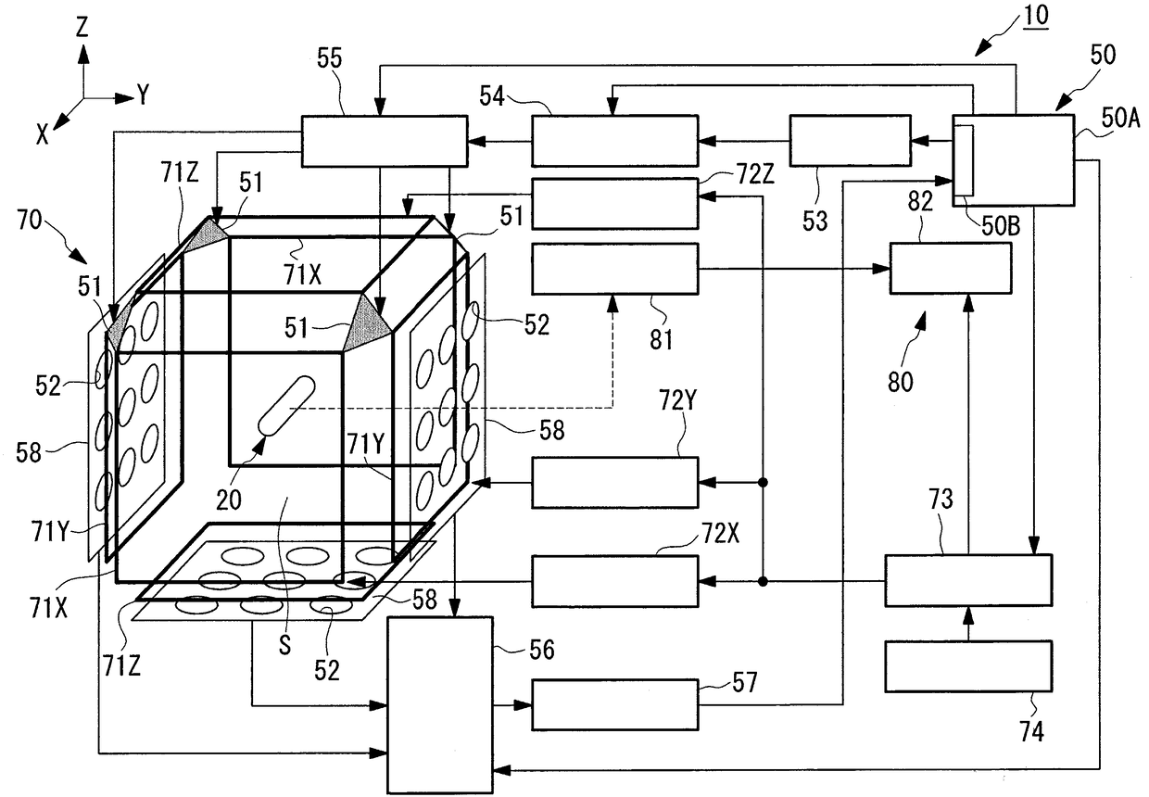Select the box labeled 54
click(614, 141)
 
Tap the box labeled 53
click(849, 141)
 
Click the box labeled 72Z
click(614, 203)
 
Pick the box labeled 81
click(614, 269)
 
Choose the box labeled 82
click(950, 269)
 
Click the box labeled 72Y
click(614, 482)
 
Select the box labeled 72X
click(614, 581)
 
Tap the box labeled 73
click(968, 581)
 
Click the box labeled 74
click(968, 665)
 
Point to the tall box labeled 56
click(440, 704)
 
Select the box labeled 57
click(614, 704)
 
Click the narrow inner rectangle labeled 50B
click(964, 159)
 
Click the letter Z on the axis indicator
click(82, 29)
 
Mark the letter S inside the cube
click(284, 645)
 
